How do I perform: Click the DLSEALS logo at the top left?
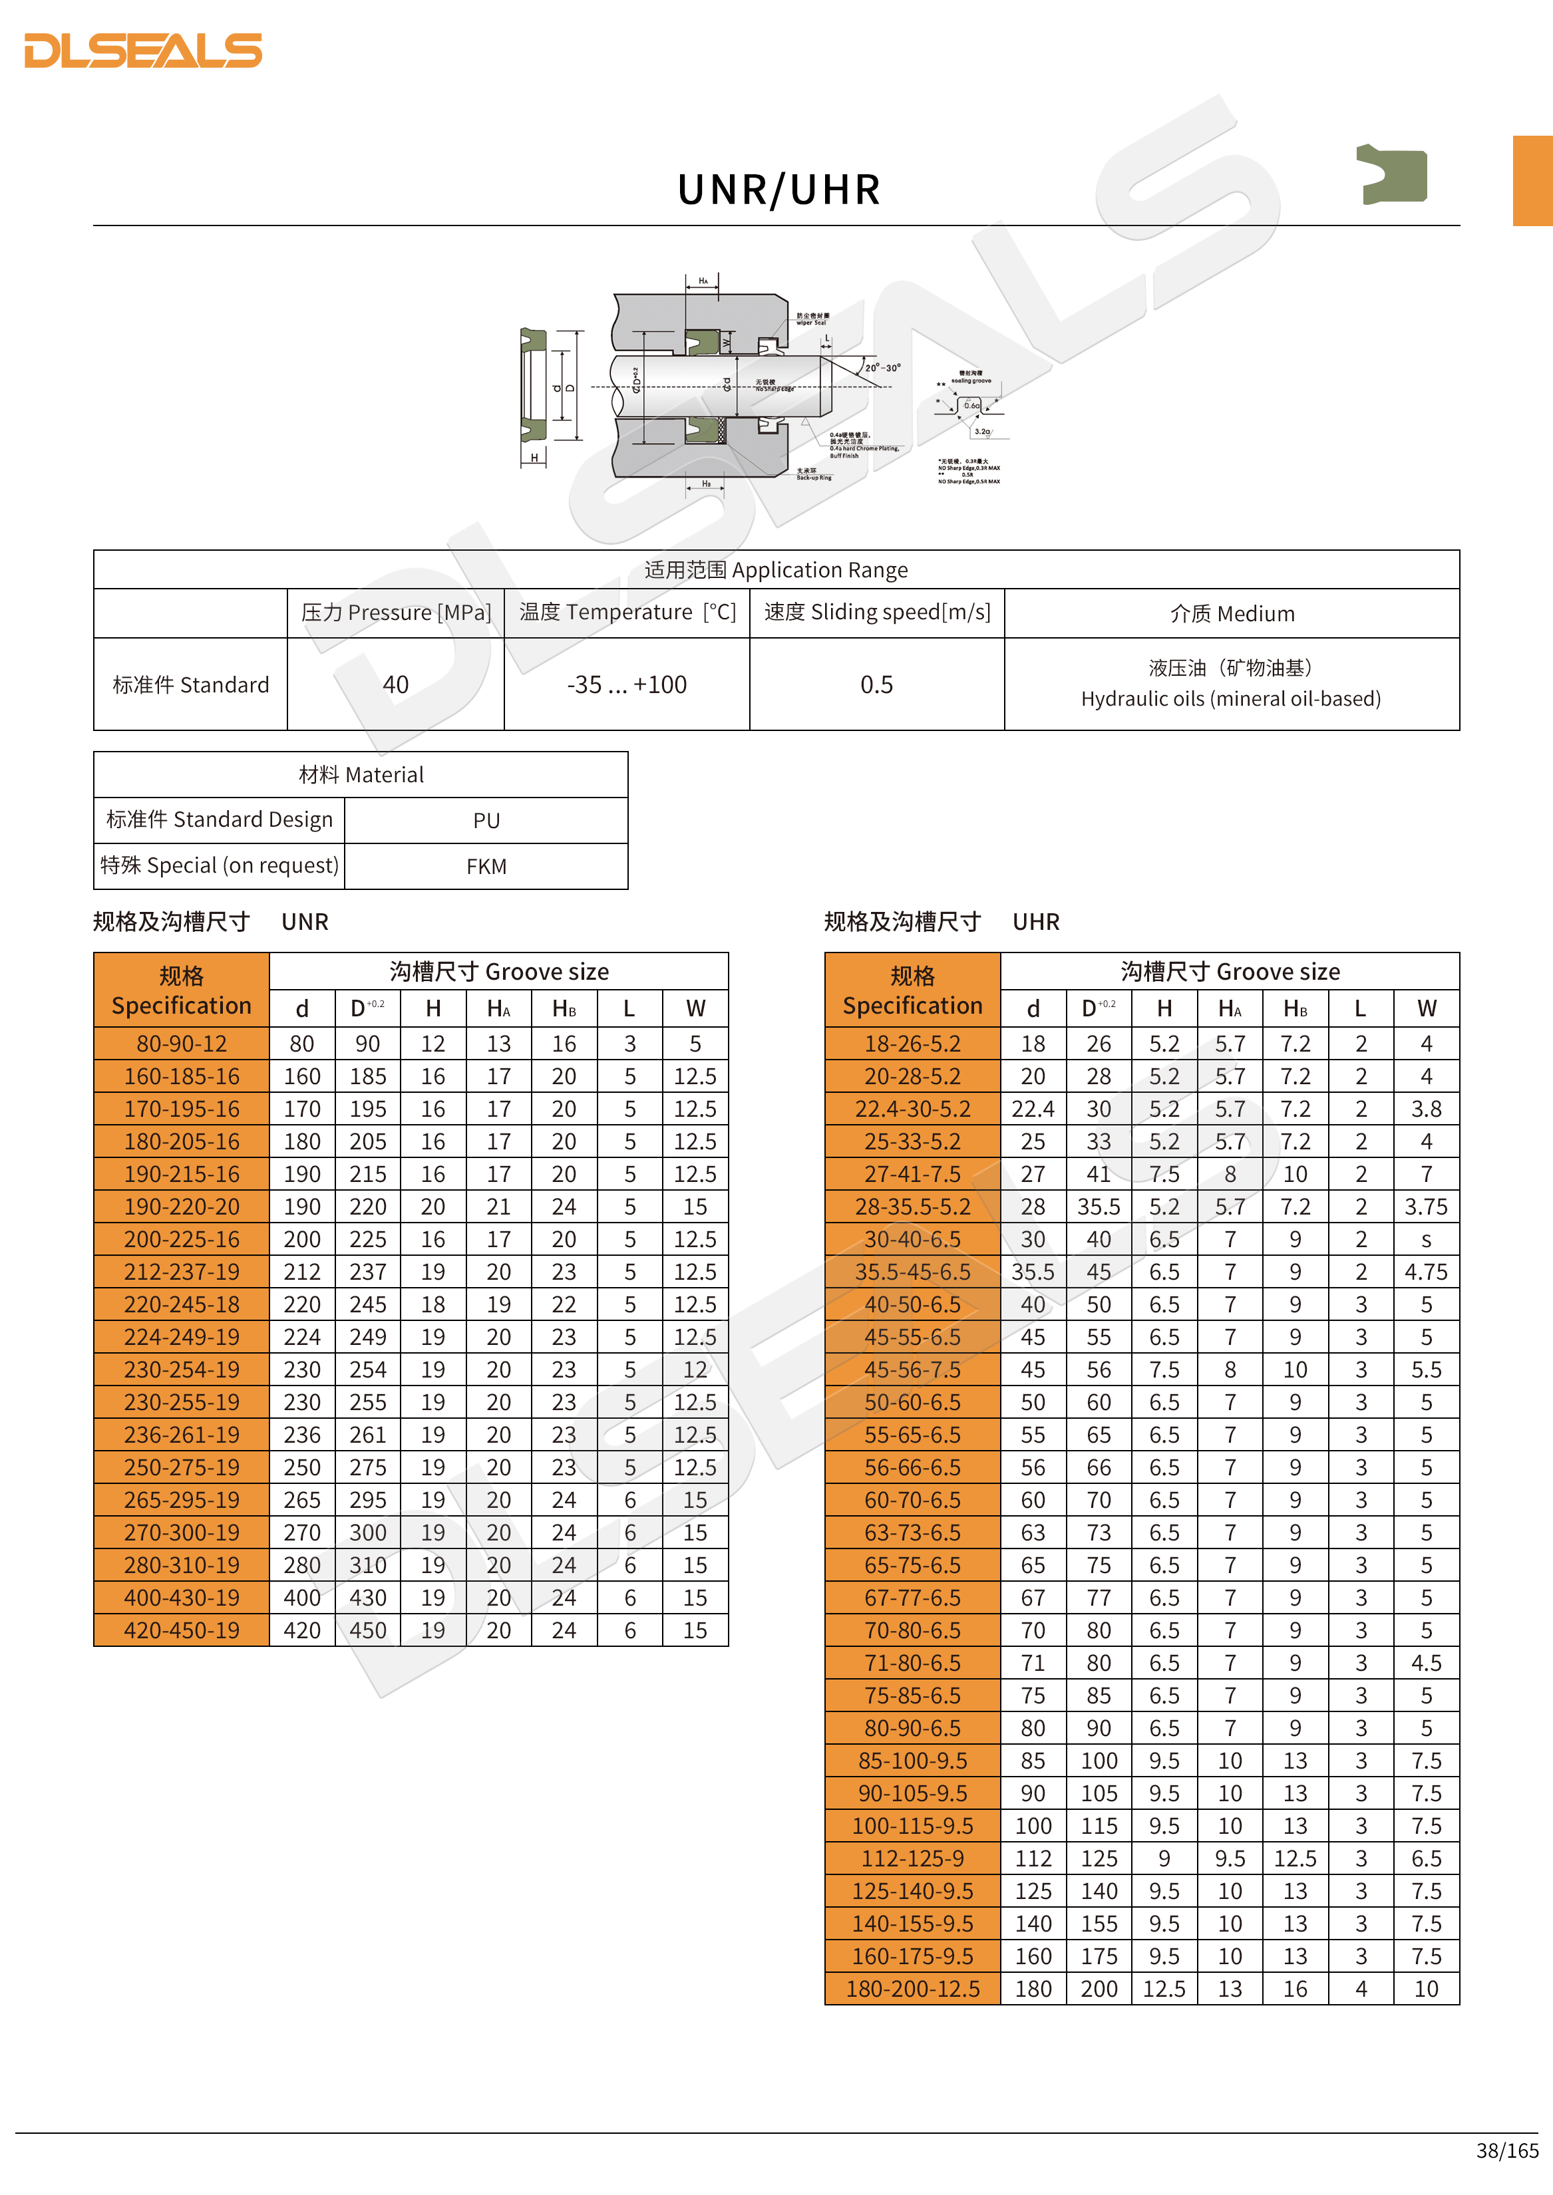pos(144,51)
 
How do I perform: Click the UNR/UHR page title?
pos(778,190)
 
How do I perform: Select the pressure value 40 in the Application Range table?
pos(395,684)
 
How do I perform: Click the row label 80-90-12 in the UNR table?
pos(182,1044)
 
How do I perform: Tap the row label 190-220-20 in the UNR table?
pos(182,1207)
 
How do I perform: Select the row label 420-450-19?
pos(182,1630)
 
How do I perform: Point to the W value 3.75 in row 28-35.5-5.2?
pos(1426,1207)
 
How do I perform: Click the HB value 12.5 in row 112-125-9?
pos(1295,1858)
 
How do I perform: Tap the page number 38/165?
pos(1507,2150)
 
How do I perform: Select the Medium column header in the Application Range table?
pos(1232,614)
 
